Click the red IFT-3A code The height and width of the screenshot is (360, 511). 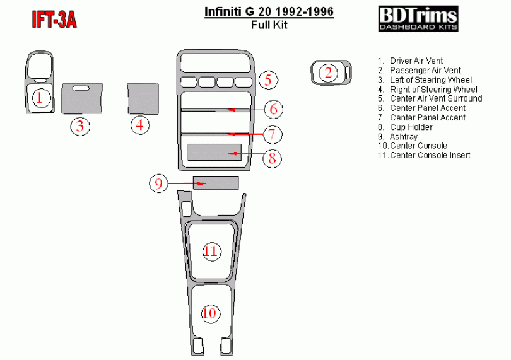coord(54,20)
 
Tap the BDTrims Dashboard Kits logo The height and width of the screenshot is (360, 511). coord(418,18)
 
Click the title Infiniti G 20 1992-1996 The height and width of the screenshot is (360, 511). coord(269,12)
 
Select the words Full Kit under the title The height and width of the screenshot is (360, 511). coord(269,25)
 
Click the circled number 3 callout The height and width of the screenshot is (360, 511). coord(80,126)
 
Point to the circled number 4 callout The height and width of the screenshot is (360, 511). coord(140,125)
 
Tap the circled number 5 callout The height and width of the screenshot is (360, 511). coord(268,80)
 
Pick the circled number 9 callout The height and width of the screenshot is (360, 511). coord(158,183)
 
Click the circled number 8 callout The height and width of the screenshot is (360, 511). coord(272,158)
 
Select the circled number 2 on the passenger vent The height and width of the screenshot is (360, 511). coord(328,73)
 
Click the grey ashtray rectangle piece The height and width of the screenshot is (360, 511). coord(216,183)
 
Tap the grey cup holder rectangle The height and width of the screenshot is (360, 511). coord(214,152)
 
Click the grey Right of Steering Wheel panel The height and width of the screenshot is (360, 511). coord(143,99)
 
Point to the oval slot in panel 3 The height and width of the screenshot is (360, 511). coord(81,88)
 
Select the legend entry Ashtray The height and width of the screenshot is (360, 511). coord(397,137)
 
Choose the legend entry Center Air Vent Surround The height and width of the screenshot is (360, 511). coord(430,98)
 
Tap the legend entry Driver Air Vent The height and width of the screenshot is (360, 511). coord(410,61)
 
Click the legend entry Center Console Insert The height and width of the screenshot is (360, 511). coord(424,155)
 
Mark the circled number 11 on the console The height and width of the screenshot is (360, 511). coord(211,252)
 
